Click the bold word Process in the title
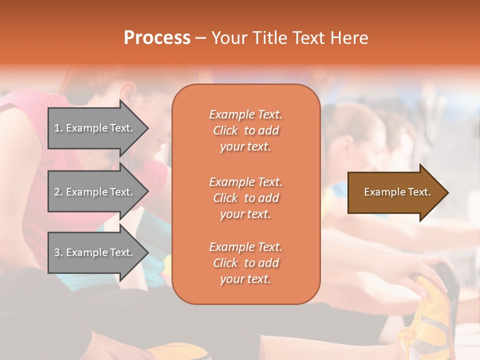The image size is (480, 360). click(x=157, y=38)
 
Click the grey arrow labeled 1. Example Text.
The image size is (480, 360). click(x=95, y=128)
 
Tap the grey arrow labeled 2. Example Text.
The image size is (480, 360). click(x=95, y=192)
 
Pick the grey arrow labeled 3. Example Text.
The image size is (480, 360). click(x=95, y=252)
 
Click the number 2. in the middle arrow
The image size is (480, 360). click(x=58, y=192)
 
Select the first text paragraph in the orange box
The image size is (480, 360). click(x=245, y=130)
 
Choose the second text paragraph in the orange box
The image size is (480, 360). click(x=245, y=198)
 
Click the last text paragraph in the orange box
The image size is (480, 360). click(x=245, y=263)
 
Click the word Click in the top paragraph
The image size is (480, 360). click(x=225, y=130)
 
